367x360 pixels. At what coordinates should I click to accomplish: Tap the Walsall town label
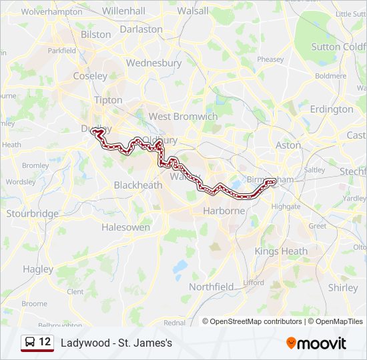(x=194, y=11)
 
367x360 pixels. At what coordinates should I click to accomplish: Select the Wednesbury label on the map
(x=153, y=63)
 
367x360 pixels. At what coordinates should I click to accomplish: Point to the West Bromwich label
(x=183, y=116)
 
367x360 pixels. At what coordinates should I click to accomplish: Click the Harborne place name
(x=224, y=211)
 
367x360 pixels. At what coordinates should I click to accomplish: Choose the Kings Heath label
(x=281, y=251)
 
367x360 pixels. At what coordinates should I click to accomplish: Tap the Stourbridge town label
(x=32, y=214)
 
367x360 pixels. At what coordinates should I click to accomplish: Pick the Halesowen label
(x=125, y=227)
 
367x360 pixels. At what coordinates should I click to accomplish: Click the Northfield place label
(x=211, y=286)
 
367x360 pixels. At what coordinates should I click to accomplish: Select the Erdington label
(x=332, y=109)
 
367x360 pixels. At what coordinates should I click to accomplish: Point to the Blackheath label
(x=138, y=185)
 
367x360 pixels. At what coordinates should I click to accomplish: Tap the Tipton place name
(x=108, y=100)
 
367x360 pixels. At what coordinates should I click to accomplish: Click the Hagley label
(x=38, y=269)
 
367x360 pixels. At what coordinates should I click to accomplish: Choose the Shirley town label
(x=343, y=287)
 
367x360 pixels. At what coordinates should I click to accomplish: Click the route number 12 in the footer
(x=45, y=342)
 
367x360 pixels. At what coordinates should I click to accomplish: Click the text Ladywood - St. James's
(x=116, y=343)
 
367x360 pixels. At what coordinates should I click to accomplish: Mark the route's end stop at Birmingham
(x=272, y=181)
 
